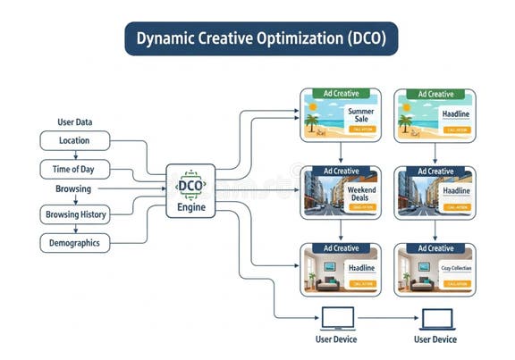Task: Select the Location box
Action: [x=75, y=141]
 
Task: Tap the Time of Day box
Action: [x=75, y=170]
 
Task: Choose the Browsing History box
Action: [x=75, y=214]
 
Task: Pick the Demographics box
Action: [x=75, y=243]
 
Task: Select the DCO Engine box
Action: [x=190, y=191]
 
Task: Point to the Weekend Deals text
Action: [x=360, y=189]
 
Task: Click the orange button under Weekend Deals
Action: [x=362, y=207]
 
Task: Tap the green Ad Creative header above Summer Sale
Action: [x=340, y=94]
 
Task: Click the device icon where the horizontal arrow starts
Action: [x=338, y=318]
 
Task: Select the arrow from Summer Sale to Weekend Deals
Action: [x=340, y=154]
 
